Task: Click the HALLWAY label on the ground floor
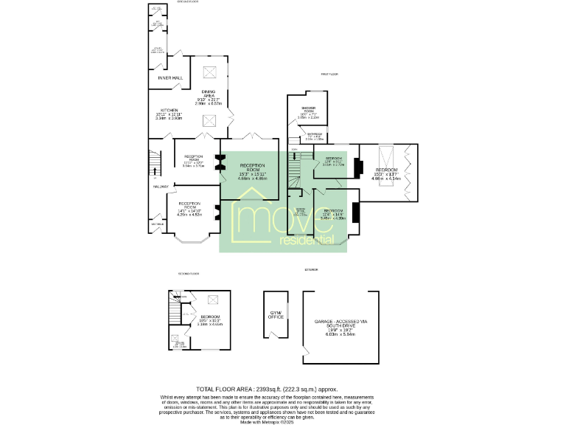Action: click(161, 187)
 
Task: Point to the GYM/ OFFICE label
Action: click(276, 315)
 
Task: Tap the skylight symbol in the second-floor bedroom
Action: click(213, 300)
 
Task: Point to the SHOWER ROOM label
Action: click(308, 111)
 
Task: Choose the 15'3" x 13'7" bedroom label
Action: click(386, 174)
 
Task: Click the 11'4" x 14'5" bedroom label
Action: click(333, 215)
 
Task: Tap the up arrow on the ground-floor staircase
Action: click(155, 174)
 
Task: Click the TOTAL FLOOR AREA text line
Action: click(266, 389)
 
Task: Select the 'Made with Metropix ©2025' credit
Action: click(266, 421)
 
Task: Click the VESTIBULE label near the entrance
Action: click(158, 223)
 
